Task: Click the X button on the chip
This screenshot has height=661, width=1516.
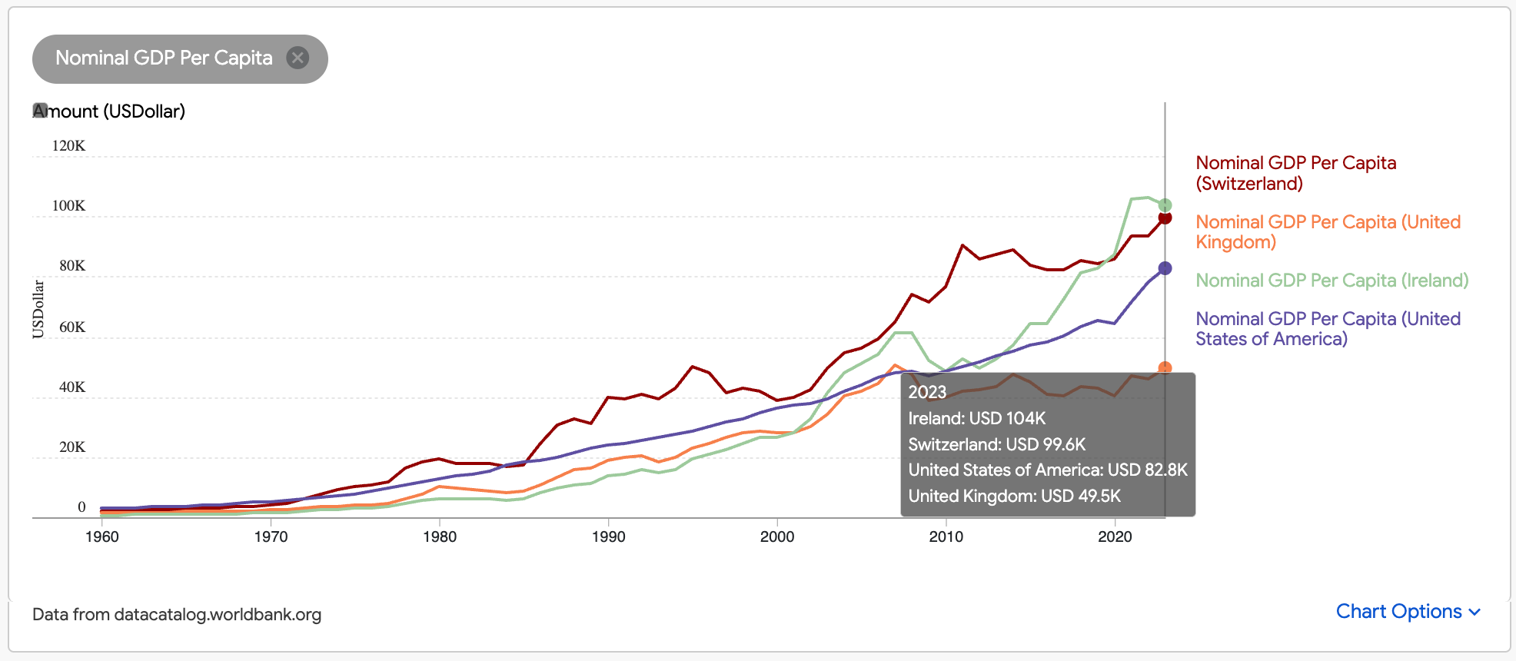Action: pos(298,58)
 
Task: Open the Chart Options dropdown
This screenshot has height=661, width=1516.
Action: pos(1408,612)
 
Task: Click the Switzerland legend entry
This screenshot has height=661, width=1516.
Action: pos(1295,173)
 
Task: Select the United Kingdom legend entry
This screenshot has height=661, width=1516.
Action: pos(1328,232)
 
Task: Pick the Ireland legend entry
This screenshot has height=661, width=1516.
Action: pos(1331,281)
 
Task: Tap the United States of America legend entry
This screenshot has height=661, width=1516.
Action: pos(1328,329)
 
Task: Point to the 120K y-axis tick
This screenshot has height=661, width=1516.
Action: pos(68,146)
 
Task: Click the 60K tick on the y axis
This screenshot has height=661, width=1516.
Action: pos(72,327)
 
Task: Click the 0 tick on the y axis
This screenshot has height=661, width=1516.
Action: pos(81,507)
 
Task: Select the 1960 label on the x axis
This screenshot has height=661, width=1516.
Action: pos(102,536)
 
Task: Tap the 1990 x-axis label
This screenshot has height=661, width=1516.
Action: pos(608,536)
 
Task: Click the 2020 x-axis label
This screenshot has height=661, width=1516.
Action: pos(1115,536)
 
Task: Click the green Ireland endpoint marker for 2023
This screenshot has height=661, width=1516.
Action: pos(1165,205)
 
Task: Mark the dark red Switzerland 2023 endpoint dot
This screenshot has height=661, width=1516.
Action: pos(1165,218)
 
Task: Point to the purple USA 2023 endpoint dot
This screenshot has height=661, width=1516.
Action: pos(1165,268)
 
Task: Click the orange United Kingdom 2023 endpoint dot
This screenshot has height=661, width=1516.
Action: pos(1165,368)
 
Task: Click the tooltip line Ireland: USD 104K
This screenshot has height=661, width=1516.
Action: pos(976,419)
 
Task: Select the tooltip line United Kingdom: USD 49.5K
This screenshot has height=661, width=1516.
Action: pos(1014,497)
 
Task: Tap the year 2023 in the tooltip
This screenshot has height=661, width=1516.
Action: pos(927,392)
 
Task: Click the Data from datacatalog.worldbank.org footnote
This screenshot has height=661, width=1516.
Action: pos(177,615)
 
